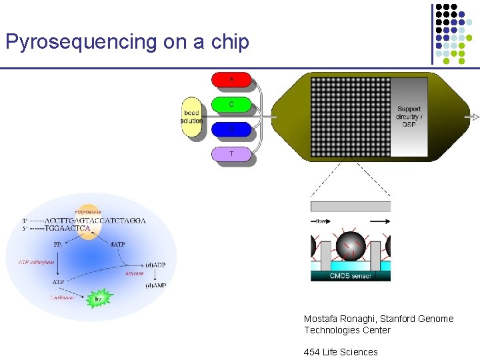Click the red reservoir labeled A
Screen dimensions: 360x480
pyautogui.click(x=231, y=80)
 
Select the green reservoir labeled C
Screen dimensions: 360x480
pyautogui.click(x=231, y=105)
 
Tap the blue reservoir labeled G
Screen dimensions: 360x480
pyautogui.click(x=231, y=129)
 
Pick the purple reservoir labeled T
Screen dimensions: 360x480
pyautogui.click(x=231, y=154)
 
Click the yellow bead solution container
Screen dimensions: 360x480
pyautogui.click(x=192, y=117)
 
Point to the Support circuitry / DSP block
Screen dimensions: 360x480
pyautogui.click(x=408, y=117)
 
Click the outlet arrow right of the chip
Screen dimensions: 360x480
pyautogui.click(x=475, y=117)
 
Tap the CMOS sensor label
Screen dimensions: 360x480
pyautogui.click(x=351, y=275)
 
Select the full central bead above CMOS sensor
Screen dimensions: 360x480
pyautogui.click(x=351, y=247)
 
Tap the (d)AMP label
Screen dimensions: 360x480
pyautogui.click(x=155, y=285)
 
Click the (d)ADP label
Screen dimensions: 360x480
pyautogui.click(x=155, y=265)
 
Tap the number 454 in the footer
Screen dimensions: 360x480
pyautogui.click(x=312, y=352)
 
